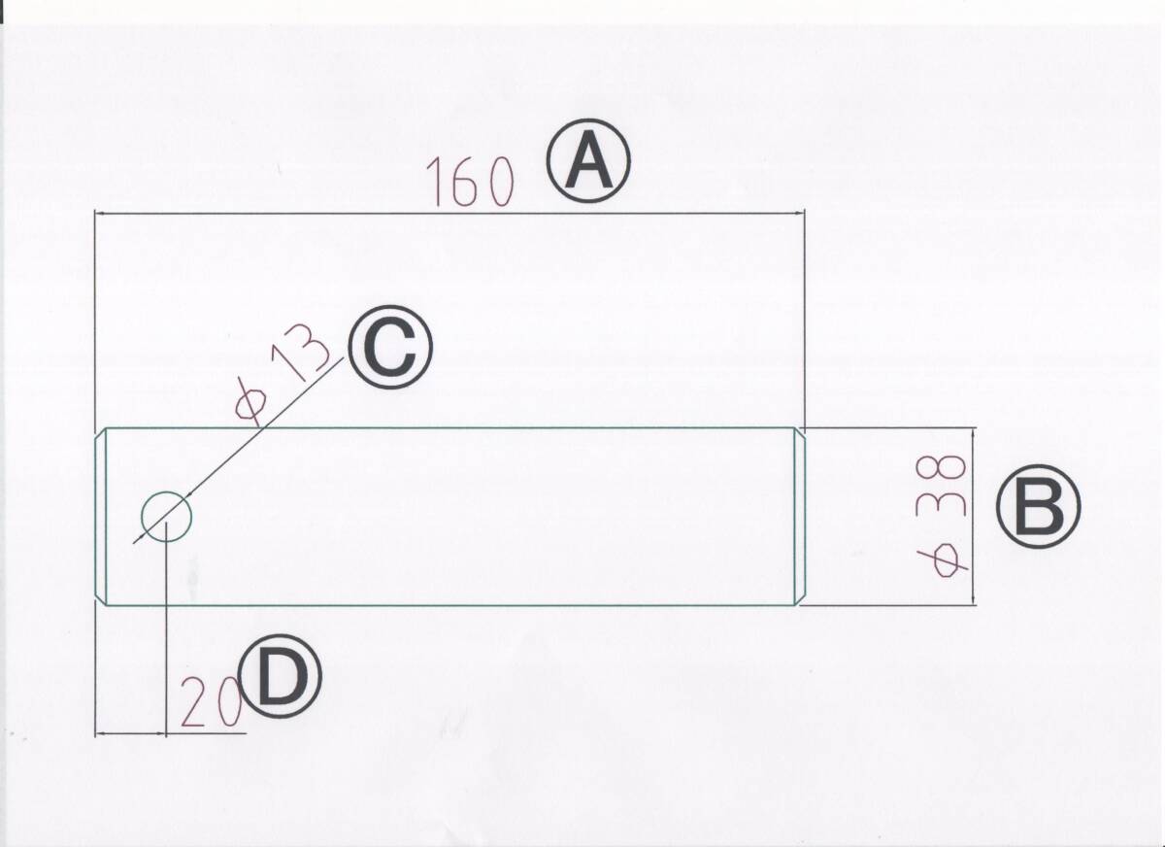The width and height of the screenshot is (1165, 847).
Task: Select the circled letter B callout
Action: coord(1038,508)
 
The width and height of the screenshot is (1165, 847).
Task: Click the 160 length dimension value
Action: coord(468,184)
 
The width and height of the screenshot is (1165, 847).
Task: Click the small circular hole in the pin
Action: coord(166,516)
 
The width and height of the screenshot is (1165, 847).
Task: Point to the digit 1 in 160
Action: coord(434,184)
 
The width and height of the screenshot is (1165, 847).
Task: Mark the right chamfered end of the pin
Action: coord(801,516)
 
